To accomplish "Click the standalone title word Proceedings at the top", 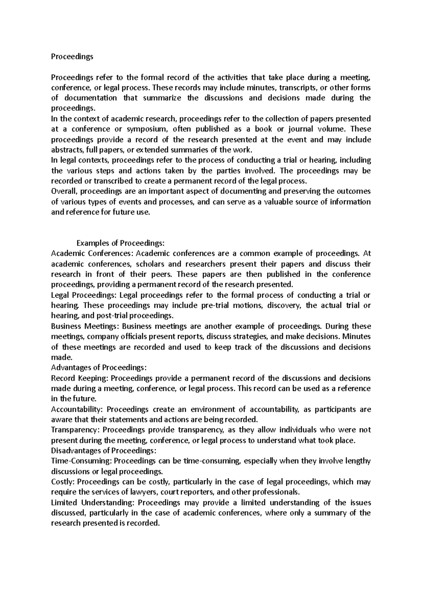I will (72, 57).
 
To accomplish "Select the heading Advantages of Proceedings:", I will (98, 367).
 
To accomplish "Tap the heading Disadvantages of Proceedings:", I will (104, 450).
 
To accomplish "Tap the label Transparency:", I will (76, 430).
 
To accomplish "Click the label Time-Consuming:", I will (82, 461).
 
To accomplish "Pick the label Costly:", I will (63, 482).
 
